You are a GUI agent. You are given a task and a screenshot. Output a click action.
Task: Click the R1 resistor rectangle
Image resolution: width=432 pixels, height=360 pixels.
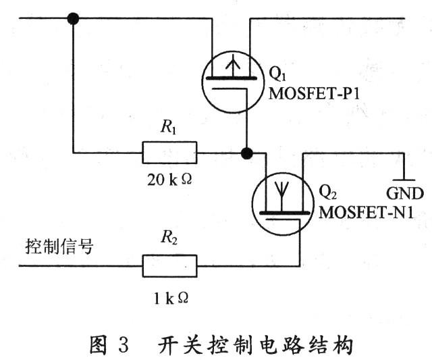pos(169,153)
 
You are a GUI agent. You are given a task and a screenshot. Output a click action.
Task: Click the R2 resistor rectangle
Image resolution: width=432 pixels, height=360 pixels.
pos(169,265)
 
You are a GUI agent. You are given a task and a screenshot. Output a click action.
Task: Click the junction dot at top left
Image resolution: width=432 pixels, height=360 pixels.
pos(73,18)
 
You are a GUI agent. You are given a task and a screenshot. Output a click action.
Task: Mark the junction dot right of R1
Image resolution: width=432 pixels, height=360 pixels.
pos(248,153)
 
